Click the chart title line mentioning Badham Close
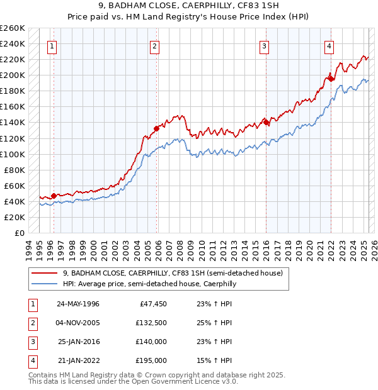tap(189, 7)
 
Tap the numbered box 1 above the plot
tap(51, 45)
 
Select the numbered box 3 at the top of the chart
tap(264, 45)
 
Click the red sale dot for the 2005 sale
tap(156, 128)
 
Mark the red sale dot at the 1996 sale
tap(54, 195)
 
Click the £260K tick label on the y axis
tap(13, 28)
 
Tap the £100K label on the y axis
tap(13, 154)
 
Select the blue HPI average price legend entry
tap(149, 284)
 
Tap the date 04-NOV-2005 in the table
tap(79, 323)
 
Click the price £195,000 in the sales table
tap(151, 361)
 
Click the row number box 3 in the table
tap(32, 342)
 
